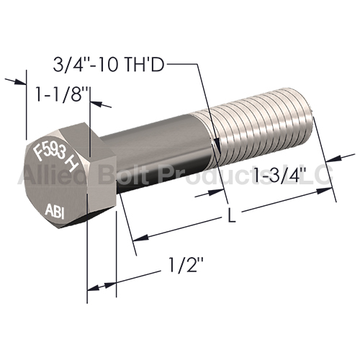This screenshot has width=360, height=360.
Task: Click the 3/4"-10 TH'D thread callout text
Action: [109, 64]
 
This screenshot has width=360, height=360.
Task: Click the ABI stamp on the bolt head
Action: [55, 211]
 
